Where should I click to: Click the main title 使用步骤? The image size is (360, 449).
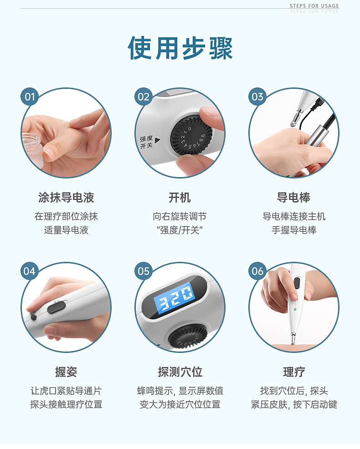point(180,48)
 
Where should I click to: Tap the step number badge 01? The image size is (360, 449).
point(30,97)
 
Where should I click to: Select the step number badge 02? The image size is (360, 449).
point(143,97)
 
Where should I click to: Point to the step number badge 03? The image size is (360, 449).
point(257,97)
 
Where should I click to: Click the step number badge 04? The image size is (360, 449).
point(30,271)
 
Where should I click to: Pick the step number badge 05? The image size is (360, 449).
point(143,271)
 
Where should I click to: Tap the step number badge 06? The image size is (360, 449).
point(257,271)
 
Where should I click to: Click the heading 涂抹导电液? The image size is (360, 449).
point(66,198)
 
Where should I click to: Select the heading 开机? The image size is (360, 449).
point(180,198)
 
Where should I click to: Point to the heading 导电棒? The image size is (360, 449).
point(293,198)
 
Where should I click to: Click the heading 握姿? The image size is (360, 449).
point(66,372)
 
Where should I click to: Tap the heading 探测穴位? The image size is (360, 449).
point(180,372)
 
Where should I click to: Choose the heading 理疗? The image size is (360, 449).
point(294,372)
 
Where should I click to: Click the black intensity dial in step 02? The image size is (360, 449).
point(191,135)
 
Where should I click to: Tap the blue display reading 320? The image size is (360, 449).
point(174,296)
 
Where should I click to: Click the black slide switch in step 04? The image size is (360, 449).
point(57,307)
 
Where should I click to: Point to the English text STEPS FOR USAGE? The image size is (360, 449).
point(314,6)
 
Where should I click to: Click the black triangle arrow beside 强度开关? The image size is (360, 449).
point(157,140)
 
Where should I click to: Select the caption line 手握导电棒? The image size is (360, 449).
point(294,230)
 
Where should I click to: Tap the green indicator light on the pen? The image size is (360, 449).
point(294,309)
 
